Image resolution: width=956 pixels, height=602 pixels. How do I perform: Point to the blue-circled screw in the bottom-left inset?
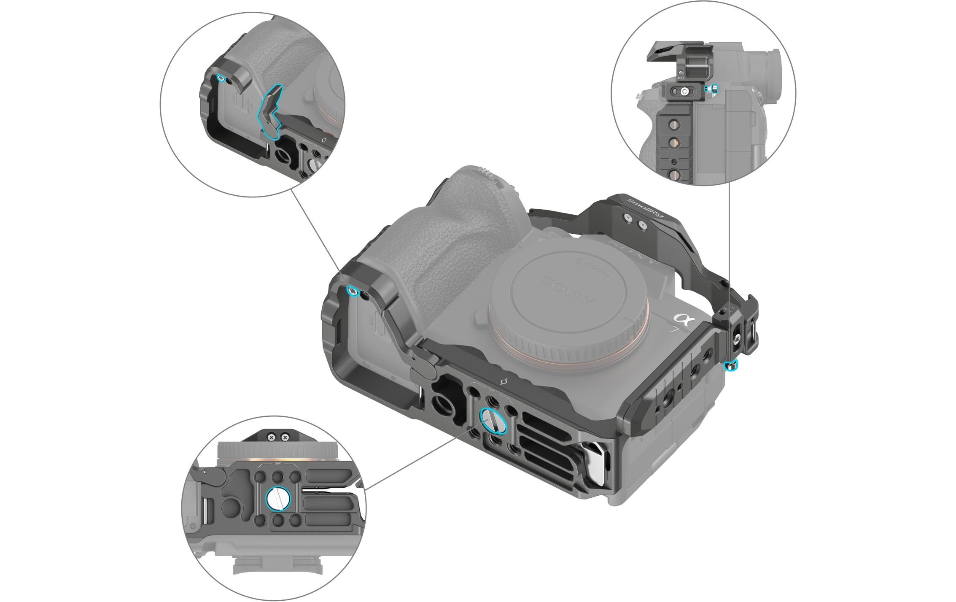click(277, 500)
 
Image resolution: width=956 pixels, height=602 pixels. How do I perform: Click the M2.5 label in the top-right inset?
click(680, 78)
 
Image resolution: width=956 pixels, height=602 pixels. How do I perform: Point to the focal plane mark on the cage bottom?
click(503, 382)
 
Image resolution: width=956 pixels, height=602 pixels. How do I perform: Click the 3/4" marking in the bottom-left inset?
click(278, 463)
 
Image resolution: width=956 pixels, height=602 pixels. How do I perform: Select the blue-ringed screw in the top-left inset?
click(220, 78)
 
